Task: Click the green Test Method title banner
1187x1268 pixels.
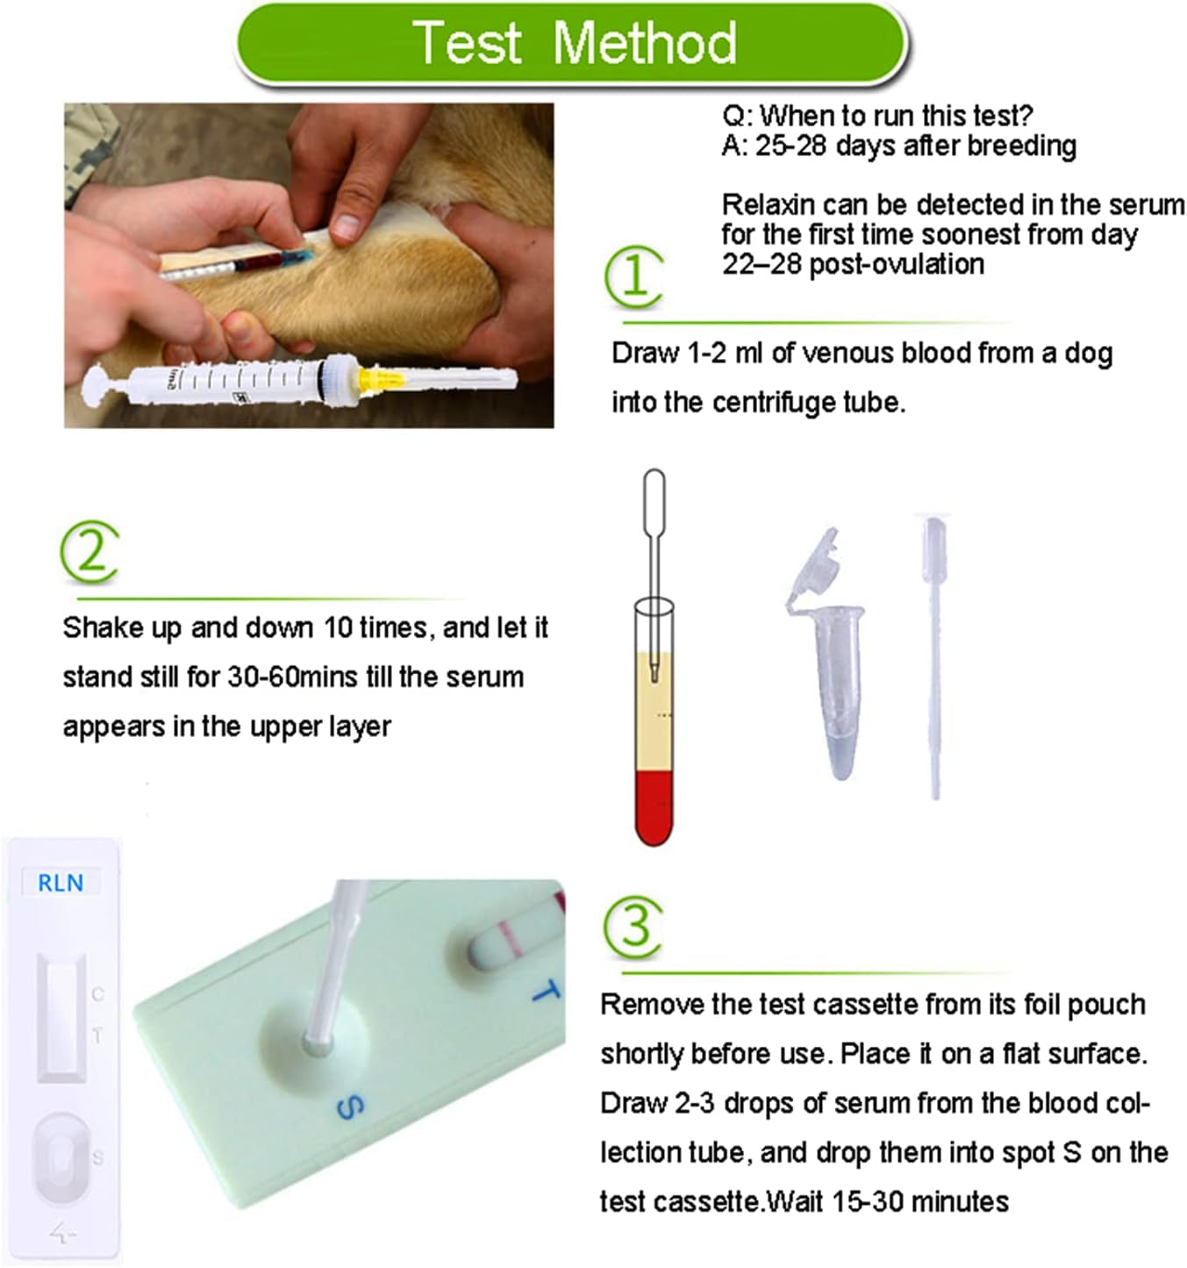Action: pos(571,43)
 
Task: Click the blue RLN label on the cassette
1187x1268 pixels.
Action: pos(61,883)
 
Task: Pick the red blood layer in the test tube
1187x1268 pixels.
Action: pos(654,807)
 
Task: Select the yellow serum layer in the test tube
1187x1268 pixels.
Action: pos(654,712)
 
